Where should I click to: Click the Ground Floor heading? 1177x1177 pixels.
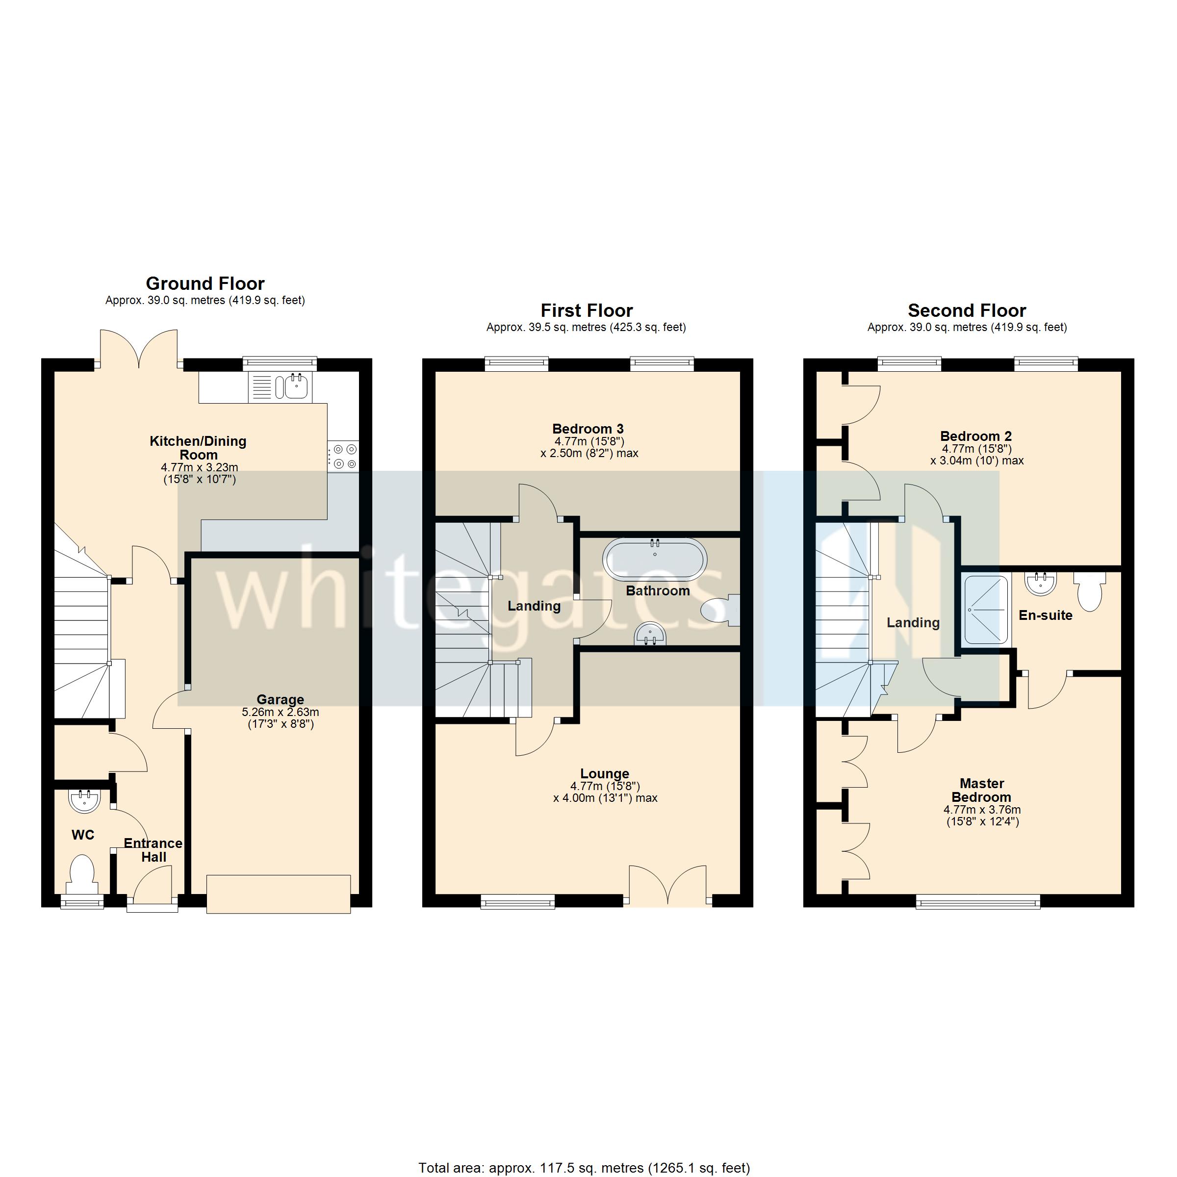(205, 284)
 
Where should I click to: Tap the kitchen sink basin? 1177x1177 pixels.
(296, 386)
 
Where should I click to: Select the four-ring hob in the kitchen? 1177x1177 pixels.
(344, 456)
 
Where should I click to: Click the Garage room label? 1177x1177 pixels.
(280, 699)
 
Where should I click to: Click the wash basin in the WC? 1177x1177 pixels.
(84, 800)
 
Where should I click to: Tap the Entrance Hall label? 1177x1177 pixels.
(153, 850)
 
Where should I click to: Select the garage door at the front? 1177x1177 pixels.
(279, 894)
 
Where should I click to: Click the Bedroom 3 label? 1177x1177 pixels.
(588, 429)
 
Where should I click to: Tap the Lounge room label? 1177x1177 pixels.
(604, 774)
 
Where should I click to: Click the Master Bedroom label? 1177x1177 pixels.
(981, 790)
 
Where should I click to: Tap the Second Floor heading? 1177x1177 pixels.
(967, 311)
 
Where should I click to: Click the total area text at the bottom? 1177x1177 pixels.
(584, 1168)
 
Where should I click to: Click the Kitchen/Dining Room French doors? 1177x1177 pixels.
(139, 350)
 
